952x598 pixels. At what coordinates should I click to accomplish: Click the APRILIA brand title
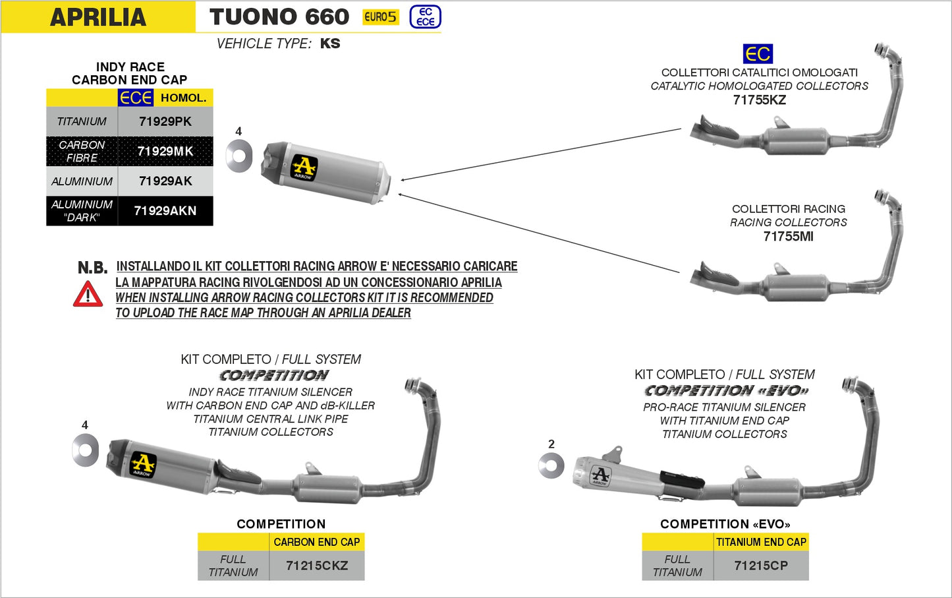[98, 17]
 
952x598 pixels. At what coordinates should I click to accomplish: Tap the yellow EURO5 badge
[381, 17]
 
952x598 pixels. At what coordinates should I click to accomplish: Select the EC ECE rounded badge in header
[425, 17]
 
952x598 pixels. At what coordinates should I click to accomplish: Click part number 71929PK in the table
[165, 121]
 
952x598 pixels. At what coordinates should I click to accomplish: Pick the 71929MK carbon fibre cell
[165, 151]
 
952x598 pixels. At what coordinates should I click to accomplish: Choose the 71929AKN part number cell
[165, 211]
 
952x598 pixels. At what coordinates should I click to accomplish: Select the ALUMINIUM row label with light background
[82, 181]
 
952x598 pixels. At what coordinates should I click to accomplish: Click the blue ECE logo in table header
[136, 98]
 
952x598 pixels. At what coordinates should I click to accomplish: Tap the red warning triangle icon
[88, 294]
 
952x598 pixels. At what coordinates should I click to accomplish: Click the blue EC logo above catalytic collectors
[758, 54]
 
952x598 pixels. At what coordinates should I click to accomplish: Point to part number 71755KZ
[759, 100]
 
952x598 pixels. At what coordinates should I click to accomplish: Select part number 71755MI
[788, 237]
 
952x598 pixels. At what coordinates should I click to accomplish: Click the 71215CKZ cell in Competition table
[317, 566]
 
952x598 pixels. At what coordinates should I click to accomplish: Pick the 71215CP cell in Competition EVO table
[761, 566]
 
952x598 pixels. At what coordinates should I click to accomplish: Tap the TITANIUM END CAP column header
[761, 542]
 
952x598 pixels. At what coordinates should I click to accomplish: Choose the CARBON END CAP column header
[317, 542]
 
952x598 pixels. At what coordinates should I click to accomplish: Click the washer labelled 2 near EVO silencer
[551, 466]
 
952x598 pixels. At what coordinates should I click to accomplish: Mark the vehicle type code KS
[330, 44]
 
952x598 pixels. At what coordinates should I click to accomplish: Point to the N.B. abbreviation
[92, 268]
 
